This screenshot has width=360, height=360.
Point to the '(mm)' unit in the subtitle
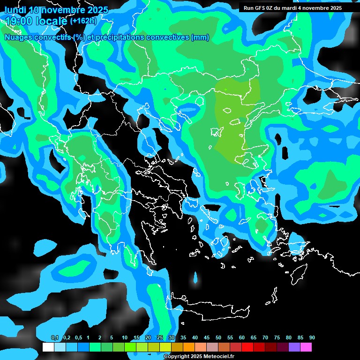[200, 37]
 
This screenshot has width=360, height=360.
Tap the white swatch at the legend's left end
[48, 347]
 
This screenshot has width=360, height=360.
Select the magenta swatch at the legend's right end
[306, 347]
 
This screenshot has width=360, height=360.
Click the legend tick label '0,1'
[54, 338]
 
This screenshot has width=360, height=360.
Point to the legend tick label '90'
[312, 338]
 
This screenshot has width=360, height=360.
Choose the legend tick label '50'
[218, 338]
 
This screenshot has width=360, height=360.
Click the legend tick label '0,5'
[78, 338]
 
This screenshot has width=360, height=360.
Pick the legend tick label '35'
[183, 338]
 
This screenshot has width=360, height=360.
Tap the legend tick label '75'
[277, 338]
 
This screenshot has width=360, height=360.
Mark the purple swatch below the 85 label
[294, 347]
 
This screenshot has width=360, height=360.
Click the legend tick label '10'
[125, 338]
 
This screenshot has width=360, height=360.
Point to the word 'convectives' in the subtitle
[165, 37]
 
